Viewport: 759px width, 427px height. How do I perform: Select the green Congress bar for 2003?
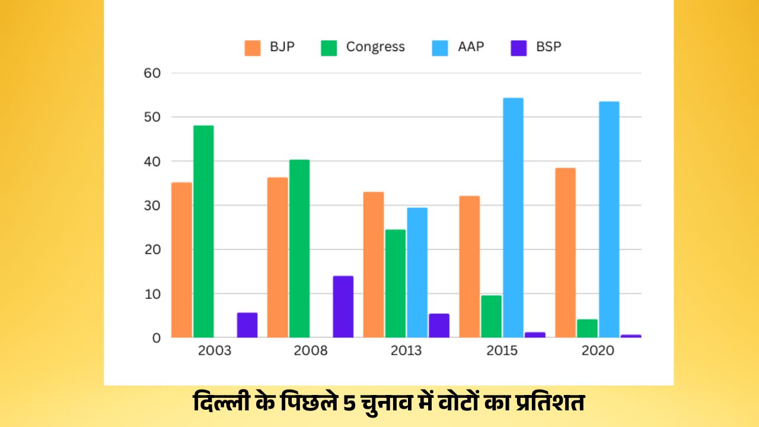203,231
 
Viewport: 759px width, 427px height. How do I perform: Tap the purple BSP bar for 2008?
343,307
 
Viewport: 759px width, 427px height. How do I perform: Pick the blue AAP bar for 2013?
417,272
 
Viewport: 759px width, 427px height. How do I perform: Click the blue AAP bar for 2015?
513,218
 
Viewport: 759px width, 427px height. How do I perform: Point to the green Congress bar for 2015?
491,316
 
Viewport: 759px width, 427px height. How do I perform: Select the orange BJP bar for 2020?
565,253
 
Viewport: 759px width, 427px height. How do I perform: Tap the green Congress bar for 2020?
587,328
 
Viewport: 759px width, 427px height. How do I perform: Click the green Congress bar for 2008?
299,248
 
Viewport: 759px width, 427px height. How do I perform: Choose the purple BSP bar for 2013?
439,326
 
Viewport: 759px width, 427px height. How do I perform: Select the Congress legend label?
375,47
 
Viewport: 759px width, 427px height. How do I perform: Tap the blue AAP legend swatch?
439,47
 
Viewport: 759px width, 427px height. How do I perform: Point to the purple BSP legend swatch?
518,47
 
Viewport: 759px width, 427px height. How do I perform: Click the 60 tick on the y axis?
152,73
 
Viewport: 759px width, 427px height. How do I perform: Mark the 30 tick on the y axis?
152,206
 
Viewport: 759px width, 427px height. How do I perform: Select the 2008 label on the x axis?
310,350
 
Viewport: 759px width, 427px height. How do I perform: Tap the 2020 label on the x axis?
598,350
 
